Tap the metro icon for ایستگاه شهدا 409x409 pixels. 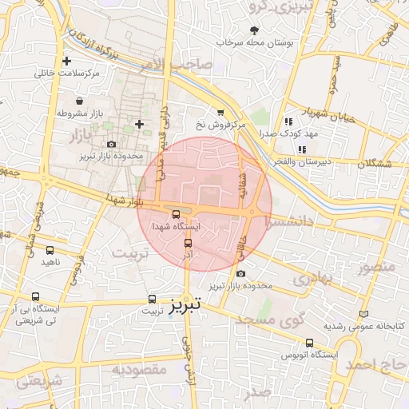[x=177, y=214]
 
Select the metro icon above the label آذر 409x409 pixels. [x=189, y=243]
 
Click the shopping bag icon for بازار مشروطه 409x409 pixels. [x=80, y=101]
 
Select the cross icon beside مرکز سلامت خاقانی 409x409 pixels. [x=66, y=61]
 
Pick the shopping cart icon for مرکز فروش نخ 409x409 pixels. [x=220, y=113]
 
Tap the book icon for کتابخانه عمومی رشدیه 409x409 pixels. [x=365, y=315]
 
